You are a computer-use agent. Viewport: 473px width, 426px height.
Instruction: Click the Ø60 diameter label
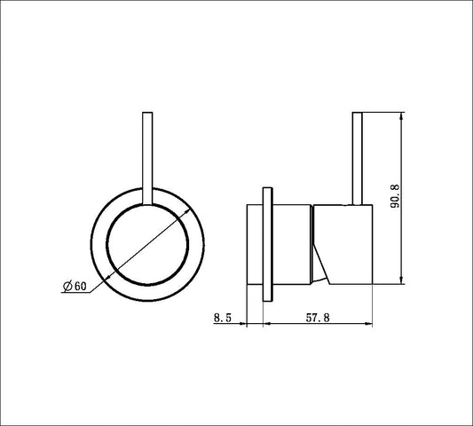click(75, 285)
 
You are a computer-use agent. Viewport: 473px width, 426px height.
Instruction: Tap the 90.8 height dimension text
click(396, 193)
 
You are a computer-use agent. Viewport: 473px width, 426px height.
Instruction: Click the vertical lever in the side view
click(359, 160)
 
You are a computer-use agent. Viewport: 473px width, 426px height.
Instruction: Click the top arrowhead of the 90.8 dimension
click(405, 117)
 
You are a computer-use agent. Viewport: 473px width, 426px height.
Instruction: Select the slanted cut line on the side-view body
click(321, 252)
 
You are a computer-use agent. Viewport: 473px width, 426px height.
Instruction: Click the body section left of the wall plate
click(254, 242)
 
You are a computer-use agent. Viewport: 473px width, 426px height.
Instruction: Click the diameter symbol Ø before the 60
click(67, 285)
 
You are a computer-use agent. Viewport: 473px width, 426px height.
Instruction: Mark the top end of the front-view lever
click(147, 114)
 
